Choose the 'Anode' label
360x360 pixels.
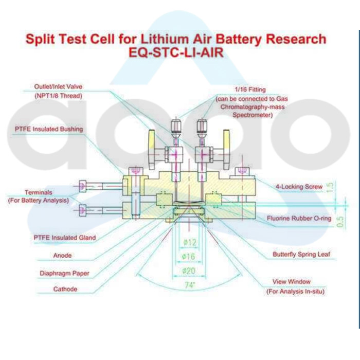pyautogui.click(x=62, y=255)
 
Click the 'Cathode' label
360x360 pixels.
pyautogui.click(x=65, y=290)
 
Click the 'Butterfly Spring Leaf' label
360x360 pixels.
pyautogui.click(x=301, y=255)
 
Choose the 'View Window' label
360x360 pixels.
pyautogui.click(x=291, y=282)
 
